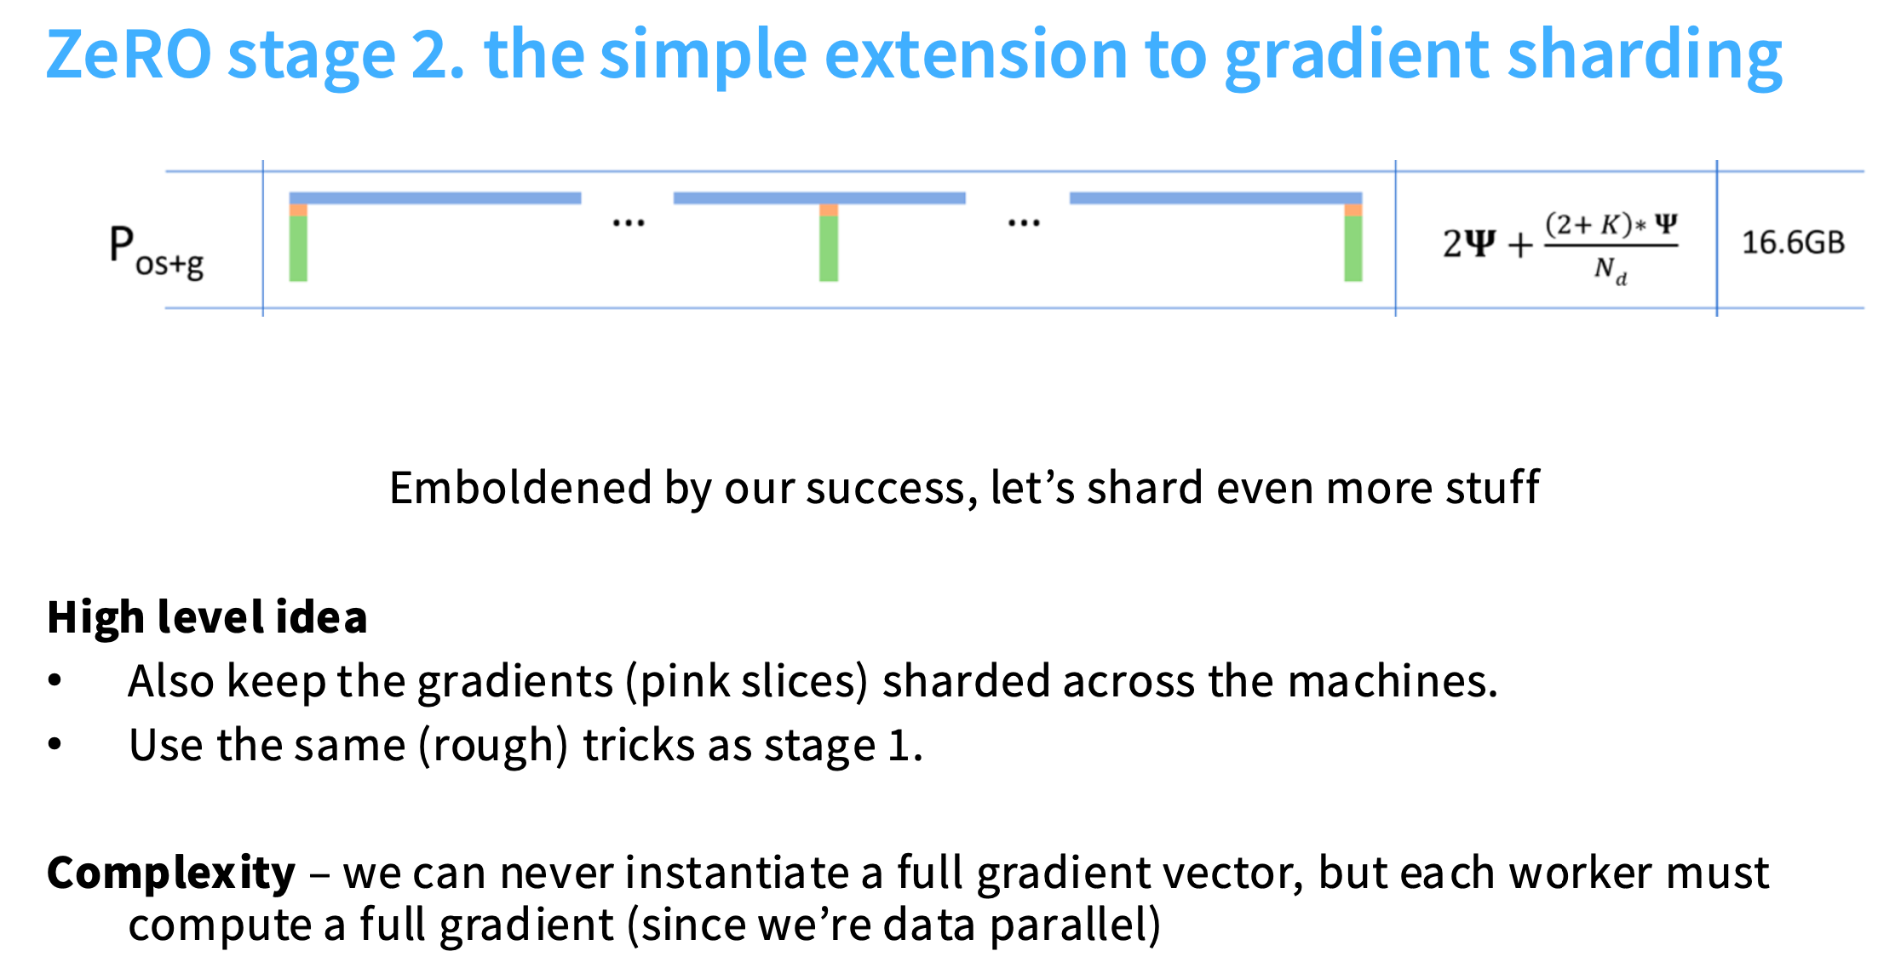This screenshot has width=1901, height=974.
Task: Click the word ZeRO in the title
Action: [129, 54]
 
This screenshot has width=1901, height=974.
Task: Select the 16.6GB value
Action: [1793, 243]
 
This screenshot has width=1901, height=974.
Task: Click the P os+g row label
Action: [157, 252]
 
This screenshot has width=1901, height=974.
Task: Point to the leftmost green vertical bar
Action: [298, 248]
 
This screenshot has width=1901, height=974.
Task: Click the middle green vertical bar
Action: [829, 248]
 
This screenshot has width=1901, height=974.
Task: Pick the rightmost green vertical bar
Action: [1353, 248]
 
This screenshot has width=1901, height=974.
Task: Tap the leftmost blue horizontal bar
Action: [435, 198]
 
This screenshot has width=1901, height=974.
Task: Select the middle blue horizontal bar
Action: [819, 198]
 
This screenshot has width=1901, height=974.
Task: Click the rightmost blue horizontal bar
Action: [1216, 198]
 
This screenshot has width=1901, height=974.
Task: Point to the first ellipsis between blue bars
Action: [629, 223]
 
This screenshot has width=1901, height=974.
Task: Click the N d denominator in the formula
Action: [1611, 270]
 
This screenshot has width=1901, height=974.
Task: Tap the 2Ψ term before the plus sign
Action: [1468, 243]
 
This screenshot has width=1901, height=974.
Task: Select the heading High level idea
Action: [207, 617]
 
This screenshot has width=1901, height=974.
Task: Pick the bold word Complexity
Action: [171, 874]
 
